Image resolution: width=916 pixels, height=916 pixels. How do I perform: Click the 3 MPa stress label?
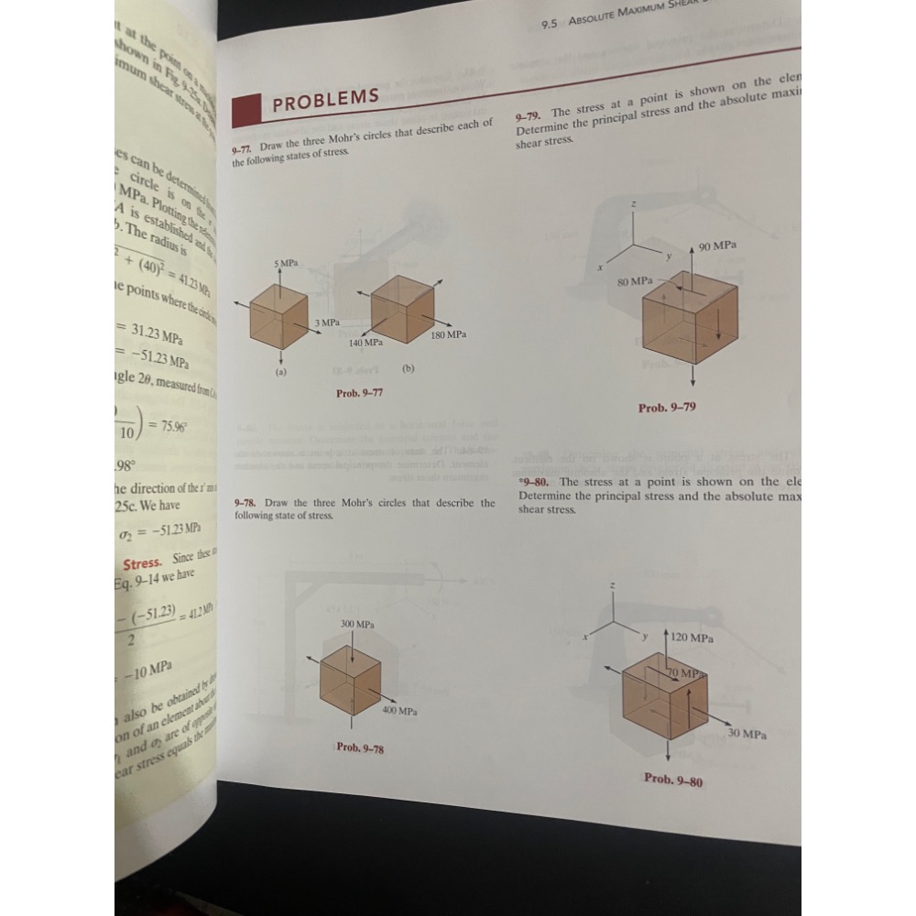point(328,323)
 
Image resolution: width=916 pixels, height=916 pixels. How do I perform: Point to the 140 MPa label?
point(365,342)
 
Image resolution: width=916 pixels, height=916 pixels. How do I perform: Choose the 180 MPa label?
point(449,335)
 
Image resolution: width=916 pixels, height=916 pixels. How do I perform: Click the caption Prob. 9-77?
point(360,392)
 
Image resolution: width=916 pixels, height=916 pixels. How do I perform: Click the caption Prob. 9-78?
point(360,748)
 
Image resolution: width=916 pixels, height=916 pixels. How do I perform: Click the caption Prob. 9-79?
point(667,407)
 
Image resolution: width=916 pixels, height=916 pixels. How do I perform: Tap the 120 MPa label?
point(692,636)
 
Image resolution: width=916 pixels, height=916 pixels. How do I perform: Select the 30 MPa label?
point(747,734)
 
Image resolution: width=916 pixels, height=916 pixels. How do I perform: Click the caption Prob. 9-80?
point(673,780)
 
